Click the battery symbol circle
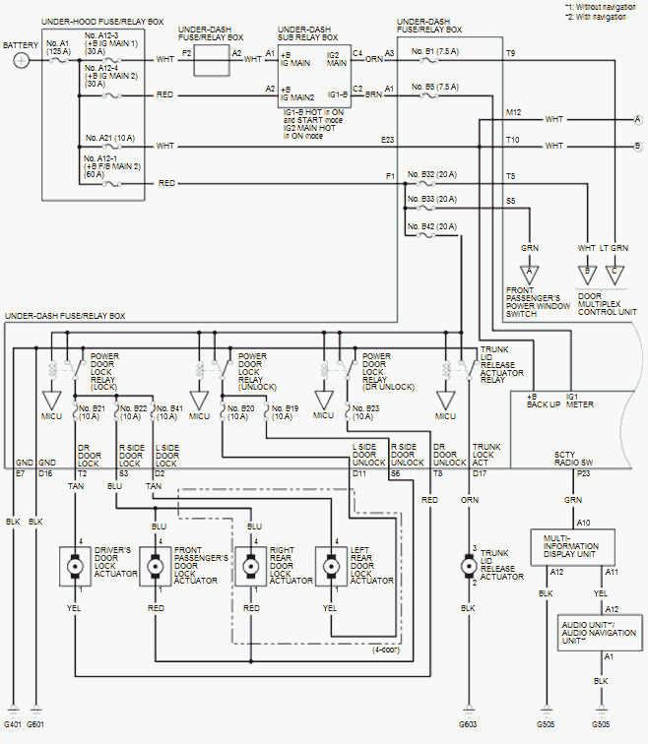(22, 60)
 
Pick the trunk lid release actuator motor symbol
(468, 568)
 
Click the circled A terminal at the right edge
(638, 118)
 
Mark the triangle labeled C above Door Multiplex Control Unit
(616, 270)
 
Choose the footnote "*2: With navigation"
(602, 18)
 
